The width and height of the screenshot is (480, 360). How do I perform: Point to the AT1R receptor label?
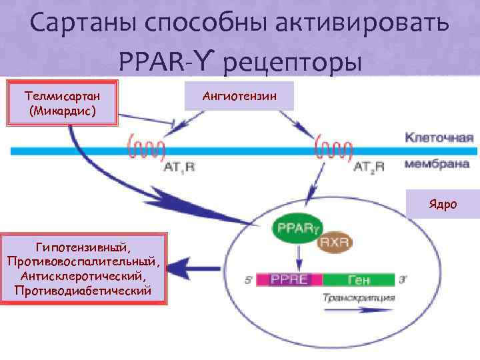(179, 169)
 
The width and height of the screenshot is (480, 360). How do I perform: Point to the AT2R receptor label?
(369, 169)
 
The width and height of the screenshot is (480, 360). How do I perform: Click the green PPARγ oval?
(294, 230)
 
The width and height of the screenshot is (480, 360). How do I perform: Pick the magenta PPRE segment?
(288, 279)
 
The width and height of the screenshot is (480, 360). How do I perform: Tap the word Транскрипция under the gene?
(359, 297)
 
